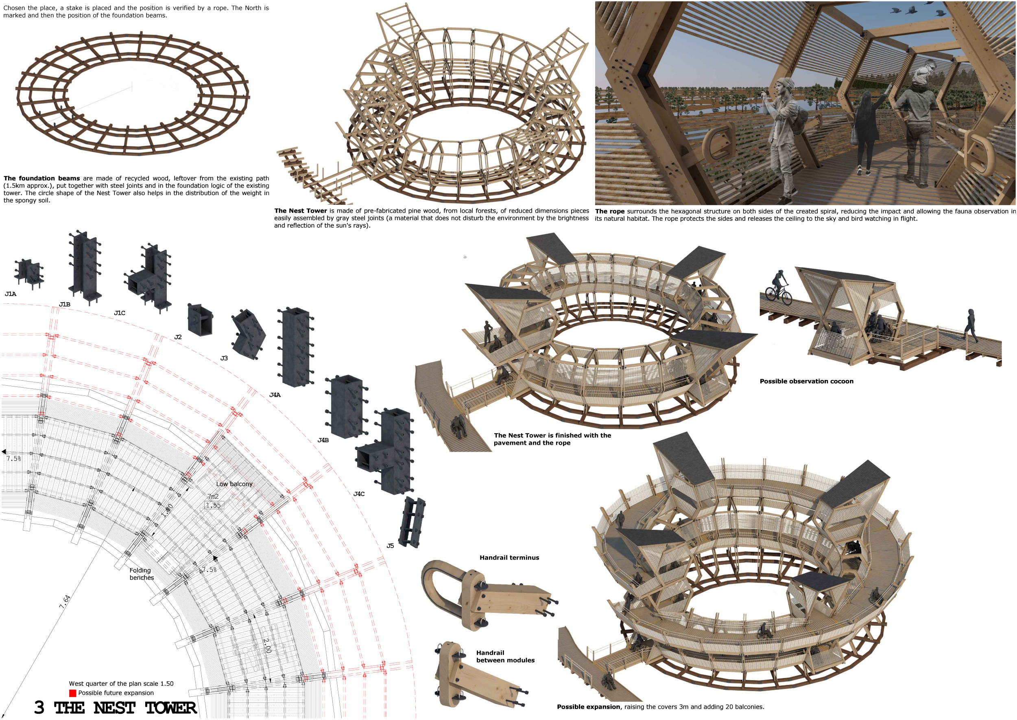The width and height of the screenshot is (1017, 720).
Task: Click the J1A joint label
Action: [11, 294]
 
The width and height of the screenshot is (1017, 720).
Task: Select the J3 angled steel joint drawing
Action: [249, 334]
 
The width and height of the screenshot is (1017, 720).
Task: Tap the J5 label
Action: [390, 546]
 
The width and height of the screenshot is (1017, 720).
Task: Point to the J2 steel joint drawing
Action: [200, 318]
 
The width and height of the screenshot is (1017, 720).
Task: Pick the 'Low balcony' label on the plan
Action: [234, 484]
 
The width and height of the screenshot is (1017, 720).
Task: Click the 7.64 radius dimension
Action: [65, 601]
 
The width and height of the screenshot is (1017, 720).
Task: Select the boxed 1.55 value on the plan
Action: [213, 505]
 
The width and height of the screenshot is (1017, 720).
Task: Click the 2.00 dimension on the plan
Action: [266, 645]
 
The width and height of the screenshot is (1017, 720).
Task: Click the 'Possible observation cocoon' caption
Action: [806, 381]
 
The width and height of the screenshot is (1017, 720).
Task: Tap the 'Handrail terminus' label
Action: [509, 558]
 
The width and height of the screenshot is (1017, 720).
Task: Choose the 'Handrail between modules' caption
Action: [505, 656]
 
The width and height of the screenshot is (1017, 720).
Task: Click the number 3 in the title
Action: [39, 707]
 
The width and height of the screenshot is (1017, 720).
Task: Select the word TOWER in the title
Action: [171, 708]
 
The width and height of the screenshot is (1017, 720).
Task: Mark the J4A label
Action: [275, 395]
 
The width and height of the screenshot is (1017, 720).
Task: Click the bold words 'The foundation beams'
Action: [41, 178]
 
